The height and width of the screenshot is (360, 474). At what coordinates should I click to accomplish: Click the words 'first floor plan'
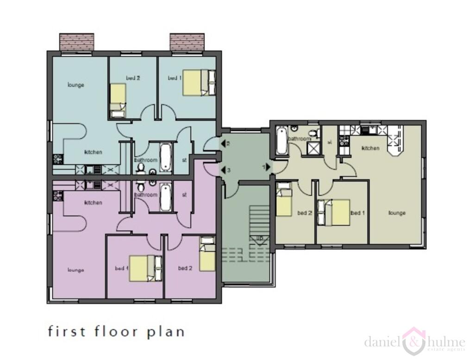[x=116, y=331]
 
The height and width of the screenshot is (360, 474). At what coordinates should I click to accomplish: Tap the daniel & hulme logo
[x=414, y=342]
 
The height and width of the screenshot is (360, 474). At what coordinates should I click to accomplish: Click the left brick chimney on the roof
[x=77, y=42]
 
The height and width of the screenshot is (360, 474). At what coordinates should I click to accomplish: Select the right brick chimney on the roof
[x=187, y=42]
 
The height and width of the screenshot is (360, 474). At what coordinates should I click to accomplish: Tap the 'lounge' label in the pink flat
[x=75, y=270]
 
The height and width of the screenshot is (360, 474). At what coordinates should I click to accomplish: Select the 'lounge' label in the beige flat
[x=397, y=213]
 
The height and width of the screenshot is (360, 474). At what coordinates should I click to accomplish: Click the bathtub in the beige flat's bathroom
[x=281, y=141]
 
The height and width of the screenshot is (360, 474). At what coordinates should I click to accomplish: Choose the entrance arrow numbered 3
[x=224, y=170]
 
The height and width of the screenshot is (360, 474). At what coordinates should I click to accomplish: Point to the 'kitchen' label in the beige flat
[x=371, y=148]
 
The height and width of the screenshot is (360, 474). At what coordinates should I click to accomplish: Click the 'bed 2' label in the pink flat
[x=185, y=268]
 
